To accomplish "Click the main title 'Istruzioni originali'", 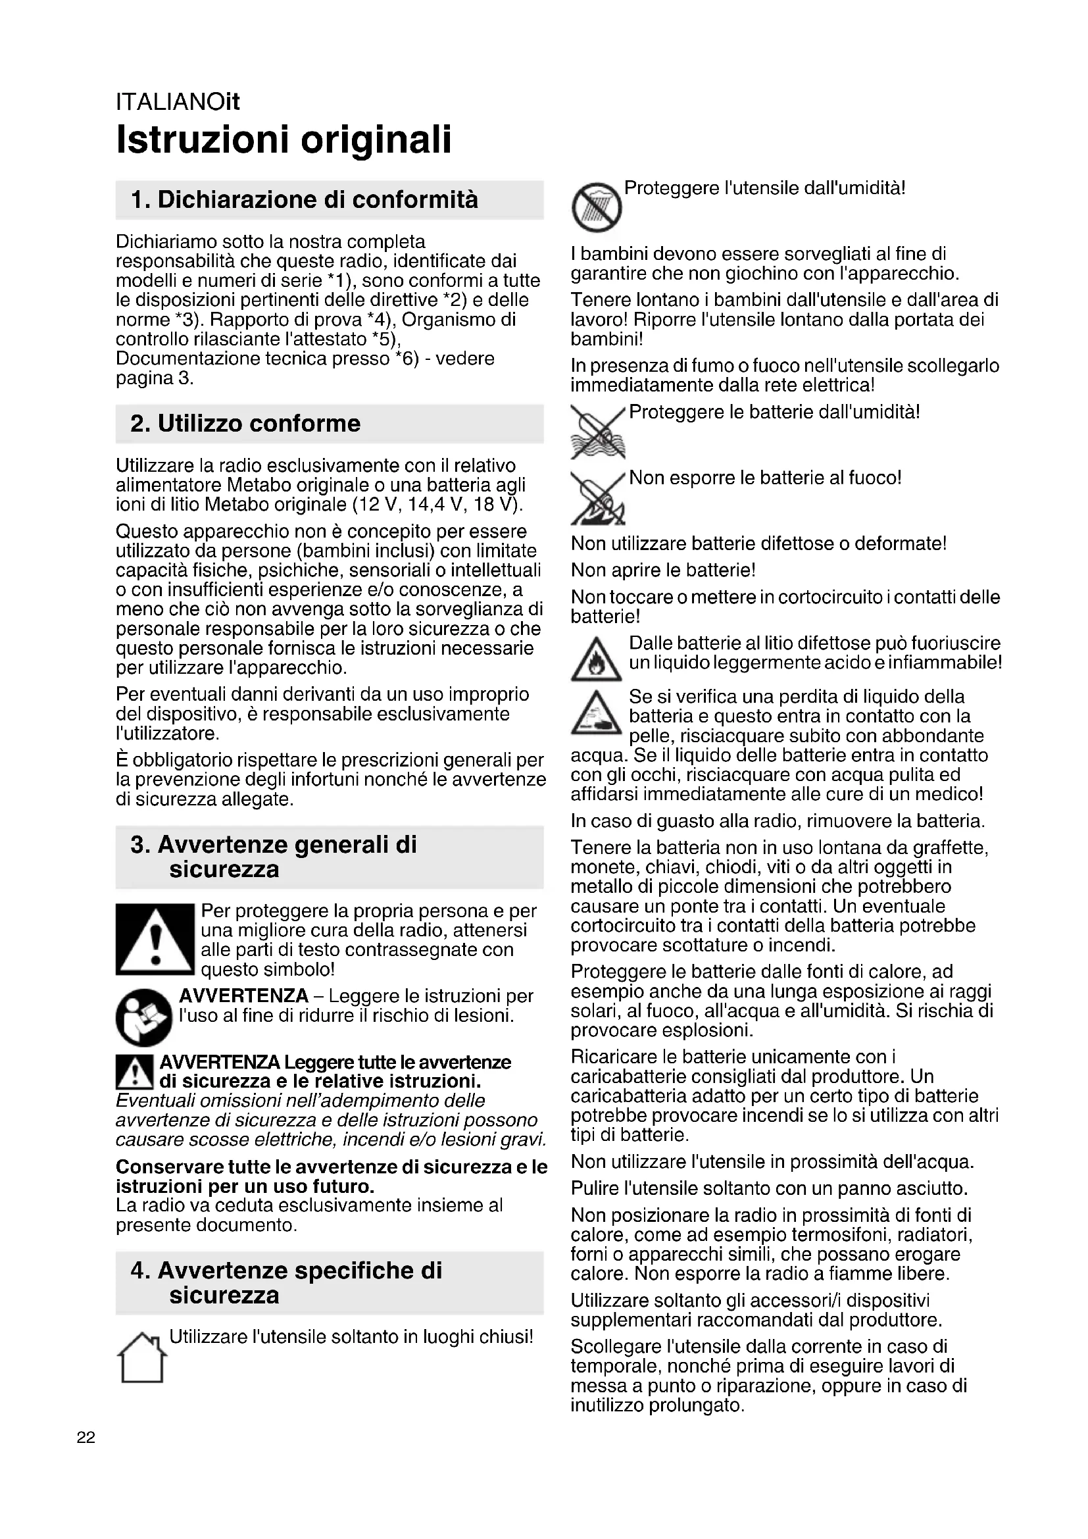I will pos(284,139).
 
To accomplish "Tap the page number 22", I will pos(86,1437).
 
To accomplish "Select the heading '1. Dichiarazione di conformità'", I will pos(304,200).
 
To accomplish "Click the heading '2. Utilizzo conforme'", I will pos(245,424).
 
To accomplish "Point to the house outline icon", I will pos(142,1357).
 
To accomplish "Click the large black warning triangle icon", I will pos(155,939).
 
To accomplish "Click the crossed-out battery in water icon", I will pos(597,433).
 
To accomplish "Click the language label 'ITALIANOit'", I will pos(178,102).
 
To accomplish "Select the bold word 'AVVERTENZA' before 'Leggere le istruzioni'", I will pos(244,996).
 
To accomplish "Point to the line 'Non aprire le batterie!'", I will pos(663,570).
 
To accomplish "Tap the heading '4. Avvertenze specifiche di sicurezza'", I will pos(287,1283).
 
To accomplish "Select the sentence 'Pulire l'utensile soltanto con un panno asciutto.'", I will pos(769,1189).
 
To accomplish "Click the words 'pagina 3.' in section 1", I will pos(155,379).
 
